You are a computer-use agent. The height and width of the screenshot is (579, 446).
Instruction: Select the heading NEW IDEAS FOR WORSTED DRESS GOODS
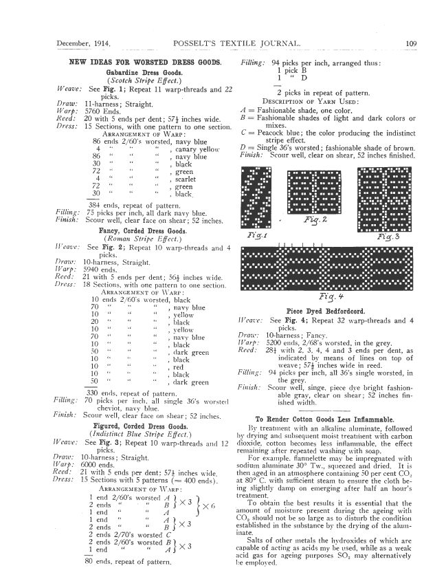(146, 63)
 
